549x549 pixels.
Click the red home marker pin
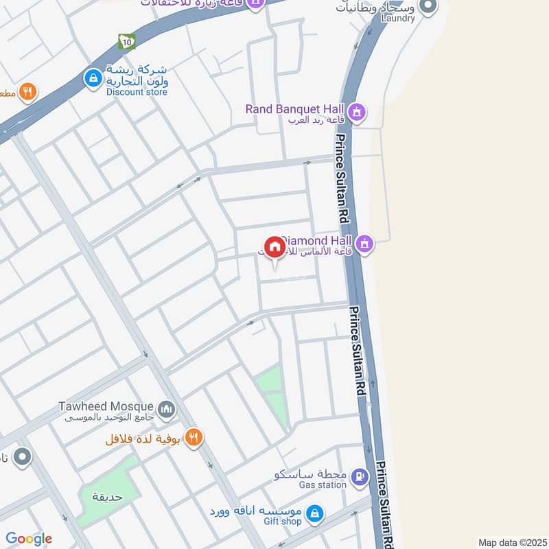tap(274, 248)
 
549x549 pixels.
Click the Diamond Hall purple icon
tap(365, 242)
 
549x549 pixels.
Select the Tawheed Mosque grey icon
tap(166, 410)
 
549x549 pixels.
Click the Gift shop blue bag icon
tap(314, 513)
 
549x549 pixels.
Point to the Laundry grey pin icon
tap(428, 6)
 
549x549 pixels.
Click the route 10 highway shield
tap(126, 41)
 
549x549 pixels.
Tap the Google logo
tap(29, 539)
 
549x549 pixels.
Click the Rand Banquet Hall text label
tap(296, 108)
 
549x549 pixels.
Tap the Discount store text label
tap(137, 92)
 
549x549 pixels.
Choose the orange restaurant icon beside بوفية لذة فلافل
tap(194, 437)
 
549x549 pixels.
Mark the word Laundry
tap(397, 19)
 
